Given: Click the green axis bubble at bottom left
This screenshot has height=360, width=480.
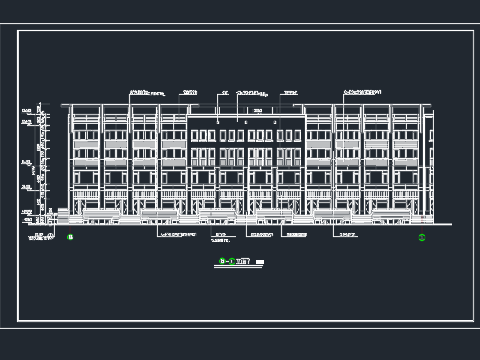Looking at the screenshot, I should coord(70,237).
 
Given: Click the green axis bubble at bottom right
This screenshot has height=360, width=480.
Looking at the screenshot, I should coord(421,237).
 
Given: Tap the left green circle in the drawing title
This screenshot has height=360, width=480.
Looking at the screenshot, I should coord(222,261).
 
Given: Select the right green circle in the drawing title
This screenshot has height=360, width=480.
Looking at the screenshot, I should coord(232,261).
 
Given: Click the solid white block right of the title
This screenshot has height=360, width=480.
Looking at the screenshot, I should coord(259,262).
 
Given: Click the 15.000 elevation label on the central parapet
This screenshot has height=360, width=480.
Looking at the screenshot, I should coord(256,111).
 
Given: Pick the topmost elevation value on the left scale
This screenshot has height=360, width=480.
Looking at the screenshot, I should coord(26,111).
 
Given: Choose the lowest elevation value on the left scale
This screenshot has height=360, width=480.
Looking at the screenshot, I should coord(27,220).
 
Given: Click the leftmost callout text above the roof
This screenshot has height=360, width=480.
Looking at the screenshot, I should coord(146,94).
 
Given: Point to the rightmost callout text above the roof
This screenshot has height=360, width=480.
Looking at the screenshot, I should coord(362,92).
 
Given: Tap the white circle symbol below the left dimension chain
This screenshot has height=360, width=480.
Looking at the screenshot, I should coord(51,235).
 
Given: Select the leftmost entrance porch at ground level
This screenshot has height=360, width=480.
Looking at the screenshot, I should coord(100,216).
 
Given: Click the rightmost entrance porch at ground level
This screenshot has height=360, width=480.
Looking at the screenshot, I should coord(391,216).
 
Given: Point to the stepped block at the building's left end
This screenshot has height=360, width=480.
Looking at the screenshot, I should coord(63,214).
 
